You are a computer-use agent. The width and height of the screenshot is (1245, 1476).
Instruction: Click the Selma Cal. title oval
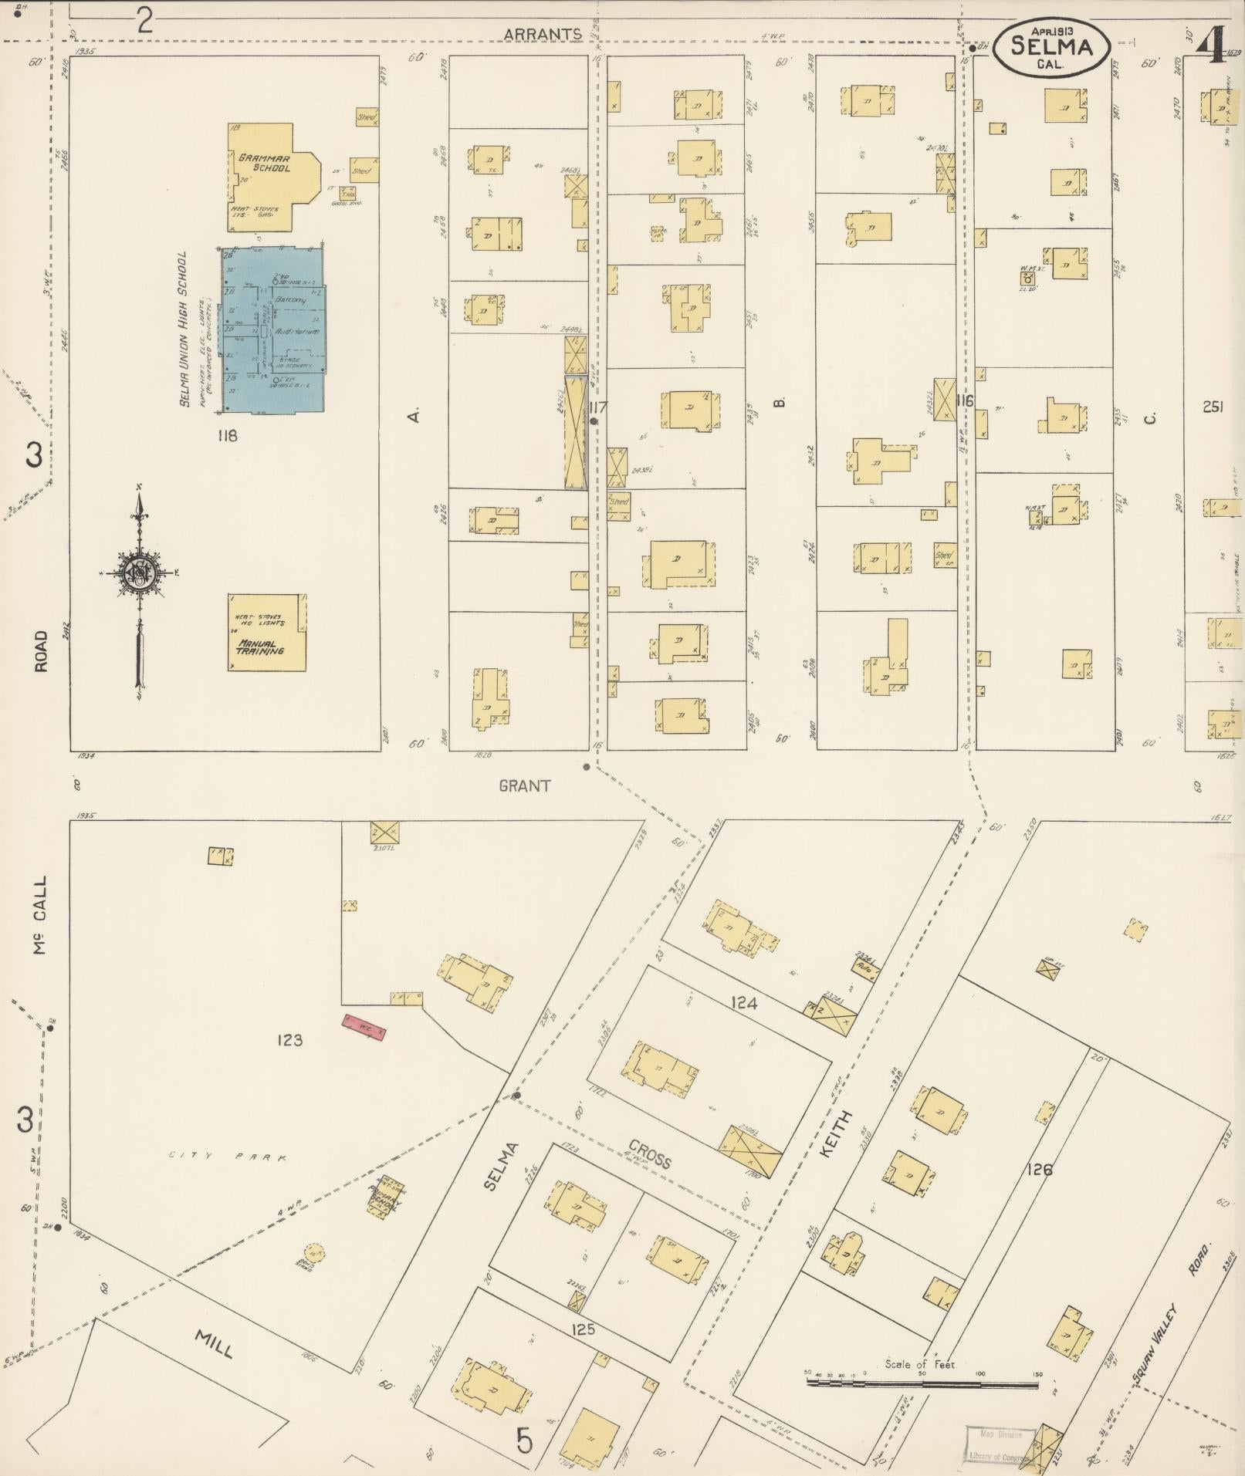pos(1050,48)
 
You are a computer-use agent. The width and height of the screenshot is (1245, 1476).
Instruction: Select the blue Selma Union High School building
pos(274,329)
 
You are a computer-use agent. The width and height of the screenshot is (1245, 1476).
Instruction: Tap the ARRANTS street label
pos(543,34)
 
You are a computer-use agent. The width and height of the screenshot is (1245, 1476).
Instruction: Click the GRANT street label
pos(525,785)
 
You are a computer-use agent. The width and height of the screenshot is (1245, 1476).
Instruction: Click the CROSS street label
pos(649,1153)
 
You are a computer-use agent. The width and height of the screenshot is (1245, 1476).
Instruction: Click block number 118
pos(227,436)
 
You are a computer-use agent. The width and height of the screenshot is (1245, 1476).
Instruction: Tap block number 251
pos(1212,407)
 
